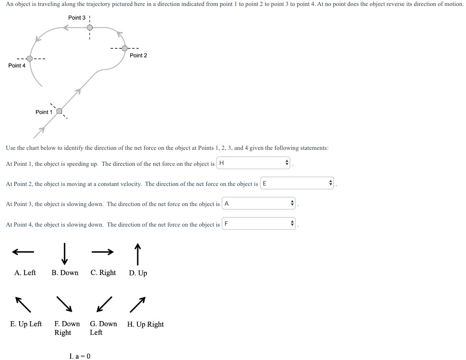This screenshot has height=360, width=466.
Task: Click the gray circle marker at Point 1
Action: tap(59, 110)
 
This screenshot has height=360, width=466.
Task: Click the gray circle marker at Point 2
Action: tap(125, 48)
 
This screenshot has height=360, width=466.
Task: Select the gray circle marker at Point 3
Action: tap(90, 27)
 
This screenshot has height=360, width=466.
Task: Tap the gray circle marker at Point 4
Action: tap(30, 58)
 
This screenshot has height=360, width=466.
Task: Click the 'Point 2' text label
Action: tap(138, 55)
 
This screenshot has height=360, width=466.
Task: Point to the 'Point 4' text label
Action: tap(17, 66)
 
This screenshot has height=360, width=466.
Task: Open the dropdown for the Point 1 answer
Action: tap(254, 163)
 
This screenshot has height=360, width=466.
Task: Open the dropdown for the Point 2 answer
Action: tap(297, 184)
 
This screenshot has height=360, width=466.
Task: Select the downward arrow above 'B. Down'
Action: tap(65, 253)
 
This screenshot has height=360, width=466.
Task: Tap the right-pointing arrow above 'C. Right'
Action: tap(102, 252)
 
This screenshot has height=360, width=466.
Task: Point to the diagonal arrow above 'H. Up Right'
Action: tap(138, 304)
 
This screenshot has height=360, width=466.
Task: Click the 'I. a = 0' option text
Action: tap(80, 356)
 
